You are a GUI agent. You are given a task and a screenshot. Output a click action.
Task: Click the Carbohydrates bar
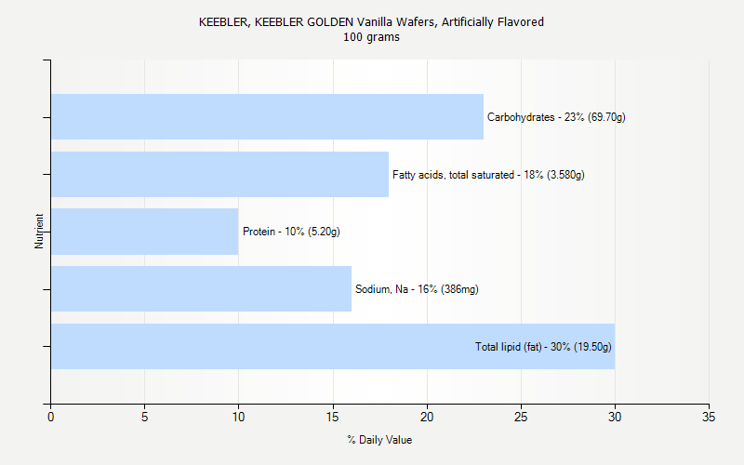267,117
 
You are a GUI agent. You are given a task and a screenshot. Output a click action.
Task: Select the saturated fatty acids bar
219,175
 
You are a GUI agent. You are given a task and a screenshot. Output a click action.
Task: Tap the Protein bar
144,232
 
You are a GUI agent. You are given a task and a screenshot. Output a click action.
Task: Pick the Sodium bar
201,289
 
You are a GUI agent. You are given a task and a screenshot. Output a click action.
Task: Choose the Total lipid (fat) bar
260,347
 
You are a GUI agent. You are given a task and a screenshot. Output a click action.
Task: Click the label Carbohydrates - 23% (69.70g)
556,117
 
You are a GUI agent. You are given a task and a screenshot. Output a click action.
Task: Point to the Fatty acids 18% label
488,175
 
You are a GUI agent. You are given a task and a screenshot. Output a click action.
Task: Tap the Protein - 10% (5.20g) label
291,232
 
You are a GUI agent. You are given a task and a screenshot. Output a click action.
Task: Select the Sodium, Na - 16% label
417,289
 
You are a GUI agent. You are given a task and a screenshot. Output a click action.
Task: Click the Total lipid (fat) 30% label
543,347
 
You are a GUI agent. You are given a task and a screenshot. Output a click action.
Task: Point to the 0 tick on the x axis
51,417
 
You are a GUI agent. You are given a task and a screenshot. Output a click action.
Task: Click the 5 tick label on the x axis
145,417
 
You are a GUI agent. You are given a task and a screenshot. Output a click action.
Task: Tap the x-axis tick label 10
239,417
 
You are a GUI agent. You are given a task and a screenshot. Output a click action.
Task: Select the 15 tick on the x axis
333,417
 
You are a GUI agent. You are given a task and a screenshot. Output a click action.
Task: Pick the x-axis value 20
427,417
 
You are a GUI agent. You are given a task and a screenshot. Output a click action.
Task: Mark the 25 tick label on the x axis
521,417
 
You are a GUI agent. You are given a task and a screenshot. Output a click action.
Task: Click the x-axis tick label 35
709,417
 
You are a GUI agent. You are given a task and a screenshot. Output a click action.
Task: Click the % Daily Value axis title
379,440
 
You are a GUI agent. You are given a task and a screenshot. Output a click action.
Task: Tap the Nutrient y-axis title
39,232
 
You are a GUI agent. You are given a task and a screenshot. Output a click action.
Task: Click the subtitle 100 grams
371,37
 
